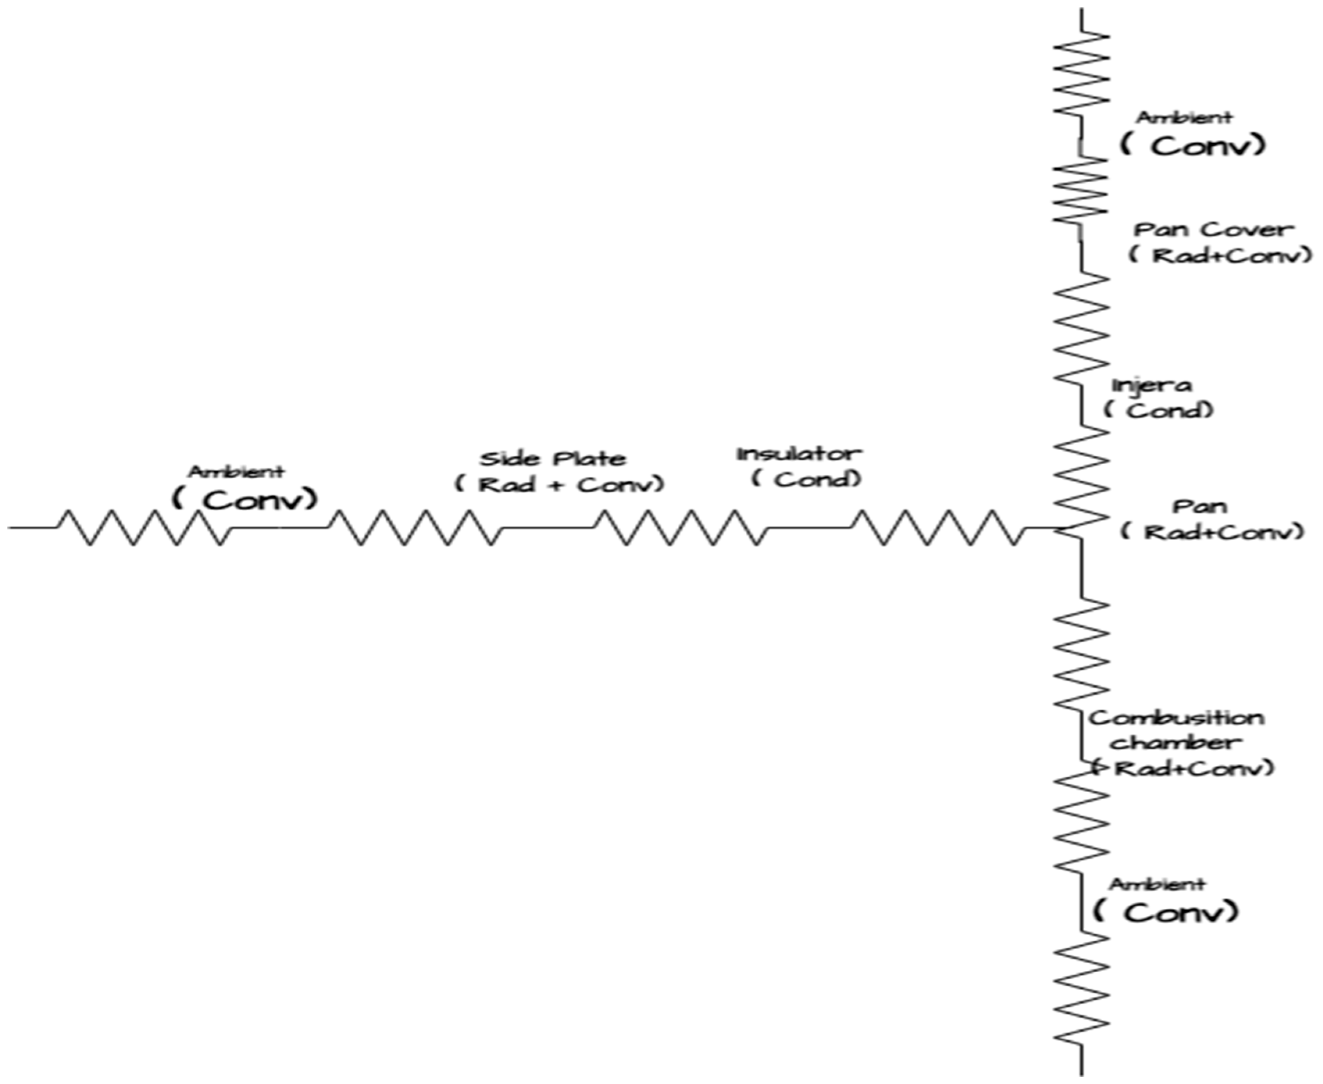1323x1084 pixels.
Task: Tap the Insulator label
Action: tap(799, 454)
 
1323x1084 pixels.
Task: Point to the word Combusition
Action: tap(1176, 718)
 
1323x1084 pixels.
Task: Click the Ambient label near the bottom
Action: tap(1157, 884)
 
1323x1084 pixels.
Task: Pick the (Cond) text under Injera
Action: tap(1158, 411)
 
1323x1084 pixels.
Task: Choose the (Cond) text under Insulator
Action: tap(806, 480)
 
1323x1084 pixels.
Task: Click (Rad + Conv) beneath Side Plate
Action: tap(559, 485)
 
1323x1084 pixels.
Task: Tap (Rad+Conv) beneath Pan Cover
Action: tap(1220, 255)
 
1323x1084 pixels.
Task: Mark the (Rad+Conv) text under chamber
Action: tap(1182, 768)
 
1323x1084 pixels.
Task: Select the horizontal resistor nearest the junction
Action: tap(937, 528)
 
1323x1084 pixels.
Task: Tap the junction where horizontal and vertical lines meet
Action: tap(1081, 528)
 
